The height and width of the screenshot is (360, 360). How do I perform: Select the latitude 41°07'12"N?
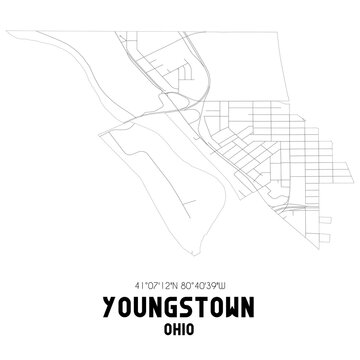[x=152, y=283]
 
